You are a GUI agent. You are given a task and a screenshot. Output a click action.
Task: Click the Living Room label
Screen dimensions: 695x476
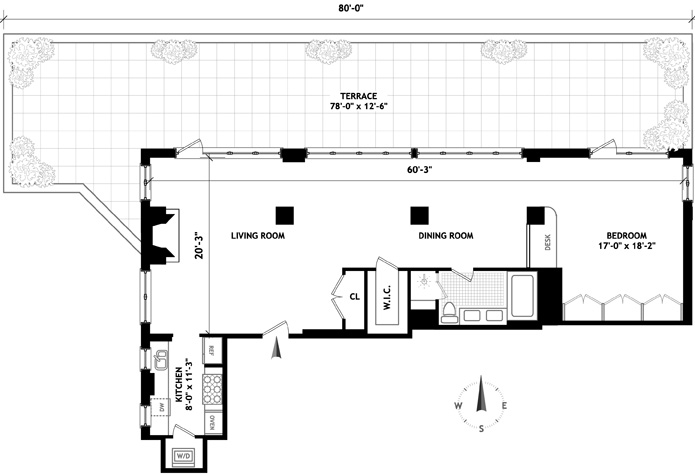pyautogui.click(x=258, y=236)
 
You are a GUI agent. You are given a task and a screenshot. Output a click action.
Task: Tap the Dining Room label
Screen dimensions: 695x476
pyautogui.click(x=445, y=236)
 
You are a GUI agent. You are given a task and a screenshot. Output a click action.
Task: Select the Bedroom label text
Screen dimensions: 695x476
pyautogui.click(x=626, y=236)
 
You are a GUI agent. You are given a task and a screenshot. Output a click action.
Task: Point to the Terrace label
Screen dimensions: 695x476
pyautogui.click(x=359, y=96)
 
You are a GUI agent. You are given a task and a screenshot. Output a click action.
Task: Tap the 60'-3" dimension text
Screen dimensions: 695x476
pyautogui.click(x=420, y=170)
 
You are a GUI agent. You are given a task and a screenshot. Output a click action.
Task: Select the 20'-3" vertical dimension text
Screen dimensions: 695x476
pyautogui.click(x=199, y=246)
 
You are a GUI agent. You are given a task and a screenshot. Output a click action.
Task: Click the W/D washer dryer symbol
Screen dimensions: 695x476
pyautogui.click(x=183, y=456)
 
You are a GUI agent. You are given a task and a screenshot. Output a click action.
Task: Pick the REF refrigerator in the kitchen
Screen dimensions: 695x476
pyautogui.click(x=211, y=351)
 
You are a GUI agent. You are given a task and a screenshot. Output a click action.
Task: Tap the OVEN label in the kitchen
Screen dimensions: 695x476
pyautogui.click(x=212, y=423)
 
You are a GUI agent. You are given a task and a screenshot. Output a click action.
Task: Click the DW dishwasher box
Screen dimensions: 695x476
pyautogui.click(x=160, y=407)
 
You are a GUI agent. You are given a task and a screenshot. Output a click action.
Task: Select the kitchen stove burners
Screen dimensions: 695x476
pyautogui.click(x=212, y=389)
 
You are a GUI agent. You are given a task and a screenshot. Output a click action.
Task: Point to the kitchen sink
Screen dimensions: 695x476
pyautogui.click(x=160, y=359)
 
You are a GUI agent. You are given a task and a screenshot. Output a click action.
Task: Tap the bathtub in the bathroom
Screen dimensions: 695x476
pyautogui.click(x=523, y=296)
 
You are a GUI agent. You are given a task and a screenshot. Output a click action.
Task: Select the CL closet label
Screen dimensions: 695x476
pyautogui.click(x=355, y=297)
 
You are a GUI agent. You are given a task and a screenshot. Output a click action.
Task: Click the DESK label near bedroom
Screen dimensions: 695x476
pyautogui.click(x=547, y=242)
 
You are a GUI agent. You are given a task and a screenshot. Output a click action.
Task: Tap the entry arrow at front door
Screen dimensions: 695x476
pyautogui.click(x=276, y=347)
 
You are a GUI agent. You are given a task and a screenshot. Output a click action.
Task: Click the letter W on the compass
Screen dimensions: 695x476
pyautogui.click(x=458, y=406)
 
